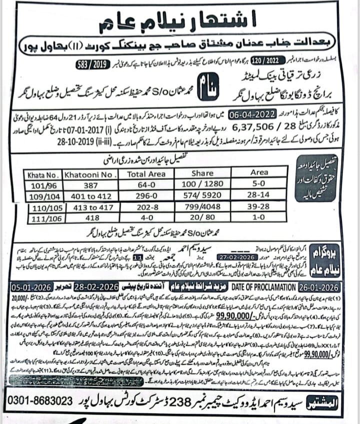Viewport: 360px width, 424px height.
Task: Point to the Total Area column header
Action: [146, 174]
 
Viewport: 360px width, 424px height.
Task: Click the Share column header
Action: [205, 174]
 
